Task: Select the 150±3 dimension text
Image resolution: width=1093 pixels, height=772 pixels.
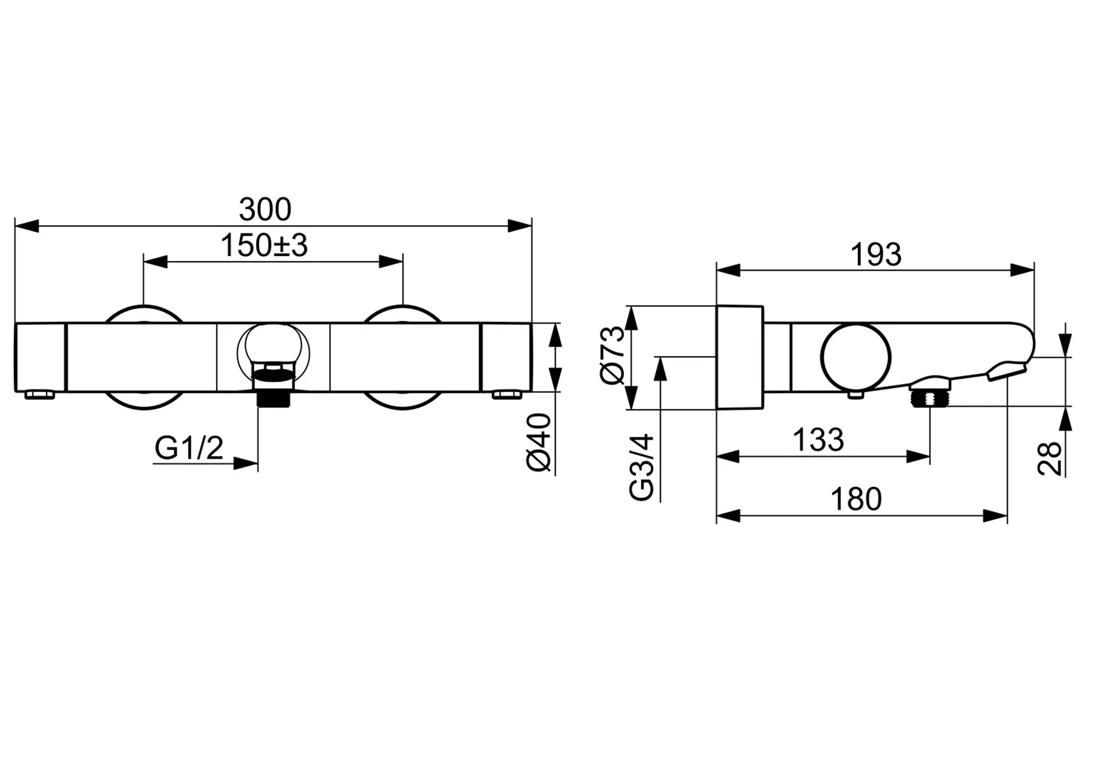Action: (264, 245)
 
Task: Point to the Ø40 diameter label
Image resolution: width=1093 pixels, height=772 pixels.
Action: (539, 442)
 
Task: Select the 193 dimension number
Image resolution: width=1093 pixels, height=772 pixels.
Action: (876, 255)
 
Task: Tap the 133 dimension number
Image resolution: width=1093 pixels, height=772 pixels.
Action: (818, 440)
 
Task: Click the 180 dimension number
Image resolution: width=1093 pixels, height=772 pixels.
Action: (856, 499)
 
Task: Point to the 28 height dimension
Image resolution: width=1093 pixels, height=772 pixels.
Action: (1049, 459)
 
